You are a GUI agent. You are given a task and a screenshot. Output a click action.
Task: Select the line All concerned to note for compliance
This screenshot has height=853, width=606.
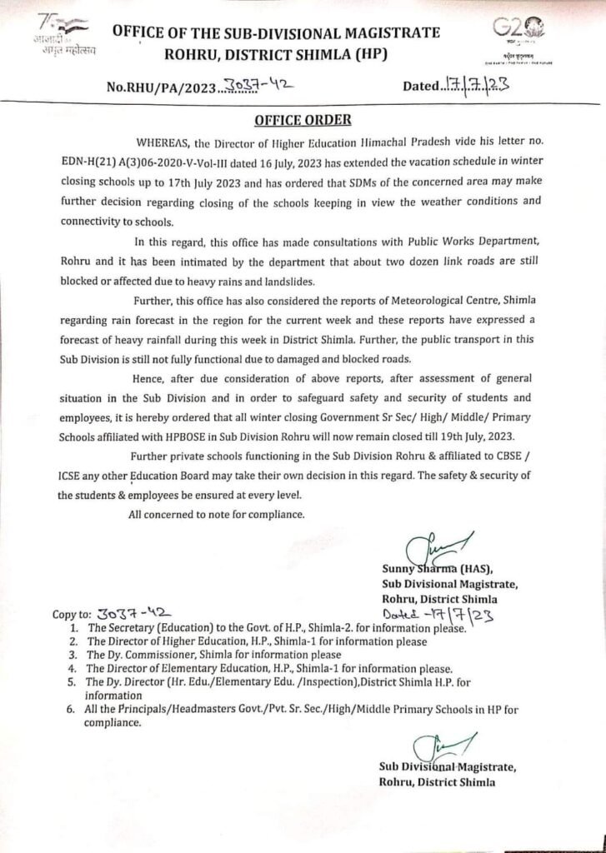click(218, 513)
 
